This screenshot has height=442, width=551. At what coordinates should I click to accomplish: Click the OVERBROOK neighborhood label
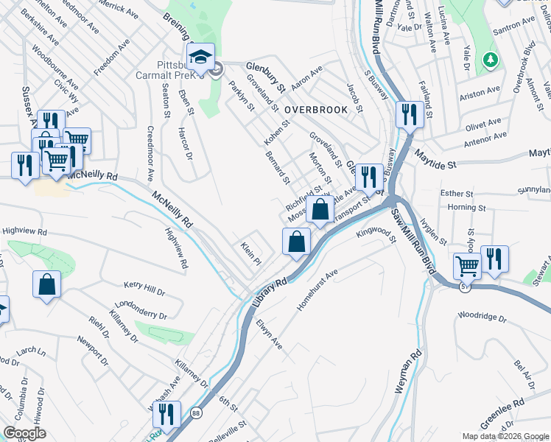(315, 109)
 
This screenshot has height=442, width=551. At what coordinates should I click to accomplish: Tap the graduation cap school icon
(200, 57)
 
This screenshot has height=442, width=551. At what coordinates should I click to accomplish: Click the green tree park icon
(488, 58)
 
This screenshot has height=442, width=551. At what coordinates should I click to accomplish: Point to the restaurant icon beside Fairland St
(406, 115)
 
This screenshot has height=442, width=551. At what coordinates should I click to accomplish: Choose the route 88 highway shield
(194, 414)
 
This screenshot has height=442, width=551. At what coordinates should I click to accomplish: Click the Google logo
(25, 433)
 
